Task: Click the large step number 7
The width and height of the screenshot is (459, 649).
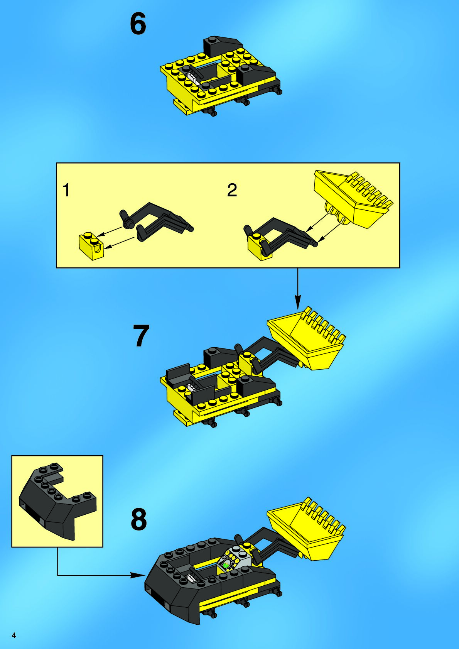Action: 141,336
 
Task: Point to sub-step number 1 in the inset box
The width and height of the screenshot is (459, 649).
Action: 66,190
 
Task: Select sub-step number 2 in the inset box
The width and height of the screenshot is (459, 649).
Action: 232,190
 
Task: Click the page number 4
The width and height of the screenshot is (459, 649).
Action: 13,635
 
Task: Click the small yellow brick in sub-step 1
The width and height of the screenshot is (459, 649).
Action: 91,246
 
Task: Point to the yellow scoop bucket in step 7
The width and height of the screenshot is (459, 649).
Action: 306,338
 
